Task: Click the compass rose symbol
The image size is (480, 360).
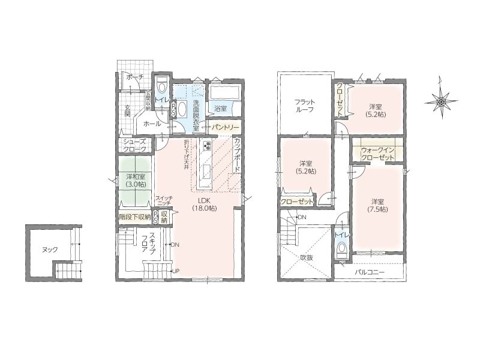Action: (441, 100)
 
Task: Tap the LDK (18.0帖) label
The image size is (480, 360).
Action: (204, 204)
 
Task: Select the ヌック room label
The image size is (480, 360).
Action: (50, 250)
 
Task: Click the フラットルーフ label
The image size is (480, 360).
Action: (305, 106)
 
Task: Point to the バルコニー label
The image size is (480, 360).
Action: (370, 272)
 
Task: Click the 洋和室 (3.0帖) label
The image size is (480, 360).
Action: (136, 181)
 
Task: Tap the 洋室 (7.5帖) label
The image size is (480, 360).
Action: (378, 205)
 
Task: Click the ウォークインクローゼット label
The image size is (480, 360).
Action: (377, 154)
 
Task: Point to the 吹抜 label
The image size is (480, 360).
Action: (306, 258)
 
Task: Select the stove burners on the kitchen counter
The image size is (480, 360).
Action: (206, 145)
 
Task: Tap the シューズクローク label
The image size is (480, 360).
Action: (135, 146)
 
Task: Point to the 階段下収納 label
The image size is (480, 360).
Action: (134, 217)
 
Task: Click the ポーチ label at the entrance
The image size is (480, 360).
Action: (134, 77)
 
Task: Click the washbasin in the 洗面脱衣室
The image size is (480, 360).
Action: (182, 109)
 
